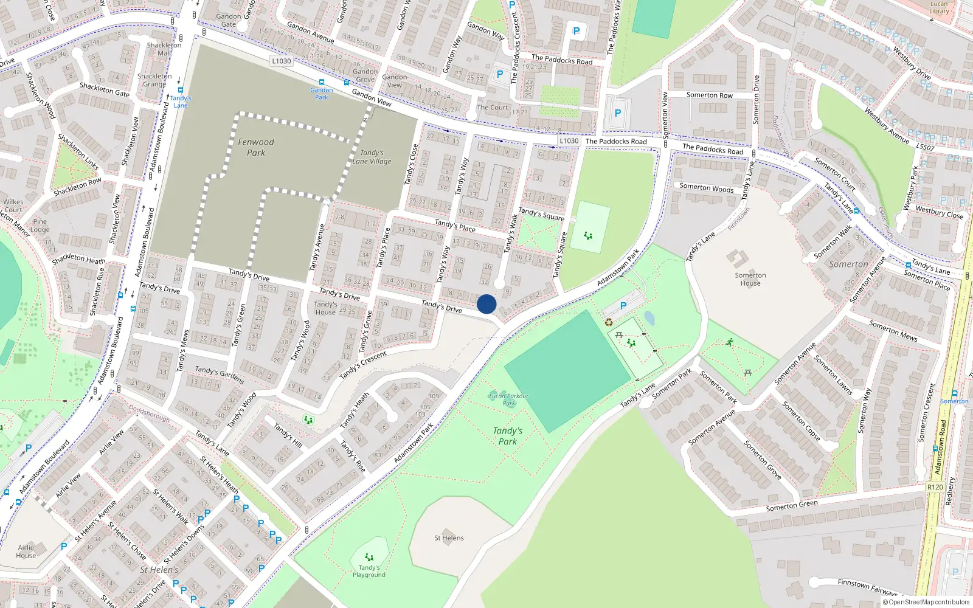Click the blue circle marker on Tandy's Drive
(x=486, y=304)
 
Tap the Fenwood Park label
(x=256, y=147)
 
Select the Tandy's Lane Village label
(x=372, y=157)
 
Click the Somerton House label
(x=750, y=279)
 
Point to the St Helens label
(x=449, y=538)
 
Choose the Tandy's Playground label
(x=369, y=572)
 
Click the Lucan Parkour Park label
(x=508, y=399)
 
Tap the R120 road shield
(x=935, y=487)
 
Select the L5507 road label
(x=925, y=147)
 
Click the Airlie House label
(x=26, y=551)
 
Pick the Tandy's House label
(x=325, y=308)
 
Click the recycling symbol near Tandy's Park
(x=609, y=322)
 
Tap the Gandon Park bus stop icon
(x=321, y=82)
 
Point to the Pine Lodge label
(x=40, y=226)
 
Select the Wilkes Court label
(x=13, y=206)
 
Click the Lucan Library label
(x=939, y=7)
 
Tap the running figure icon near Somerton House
(x=729, y=343)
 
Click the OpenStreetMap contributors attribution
(x=926, y=603)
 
